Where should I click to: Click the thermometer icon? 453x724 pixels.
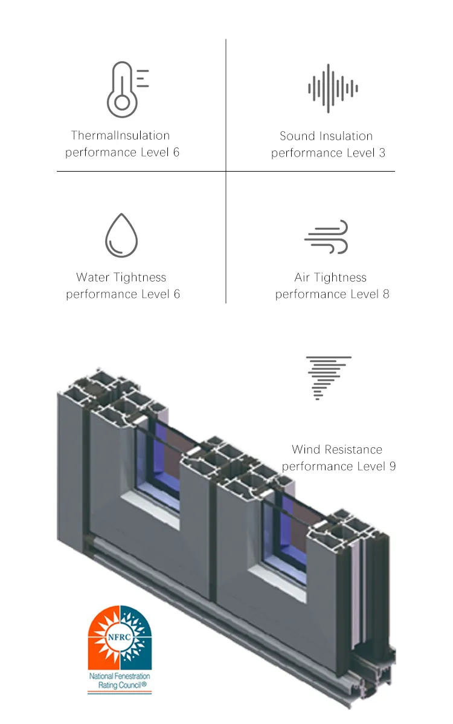coord(124,89)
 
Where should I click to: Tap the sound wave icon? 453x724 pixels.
coord(333,88)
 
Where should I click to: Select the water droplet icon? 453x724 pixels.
coord(121,235)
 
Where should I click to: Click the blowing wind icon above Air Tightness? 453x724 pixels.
coord(327,236)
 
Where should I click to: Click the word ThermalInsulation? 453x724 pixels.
coord(120,135)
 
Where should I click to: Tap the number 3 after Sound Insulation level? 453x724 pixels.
coord(382,153)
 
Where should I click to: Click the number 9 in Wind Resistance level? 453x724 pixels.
coord(392,467)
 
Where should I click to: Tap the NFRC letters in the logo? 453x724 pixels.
coord(120,635)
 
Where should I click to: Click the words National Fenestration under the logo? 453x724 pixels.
coord(120,676)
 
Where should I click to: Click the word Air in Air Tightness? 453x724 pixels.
coord(302,277)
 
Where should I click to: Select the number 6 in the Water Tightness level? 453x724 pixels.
coord(176,294)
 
